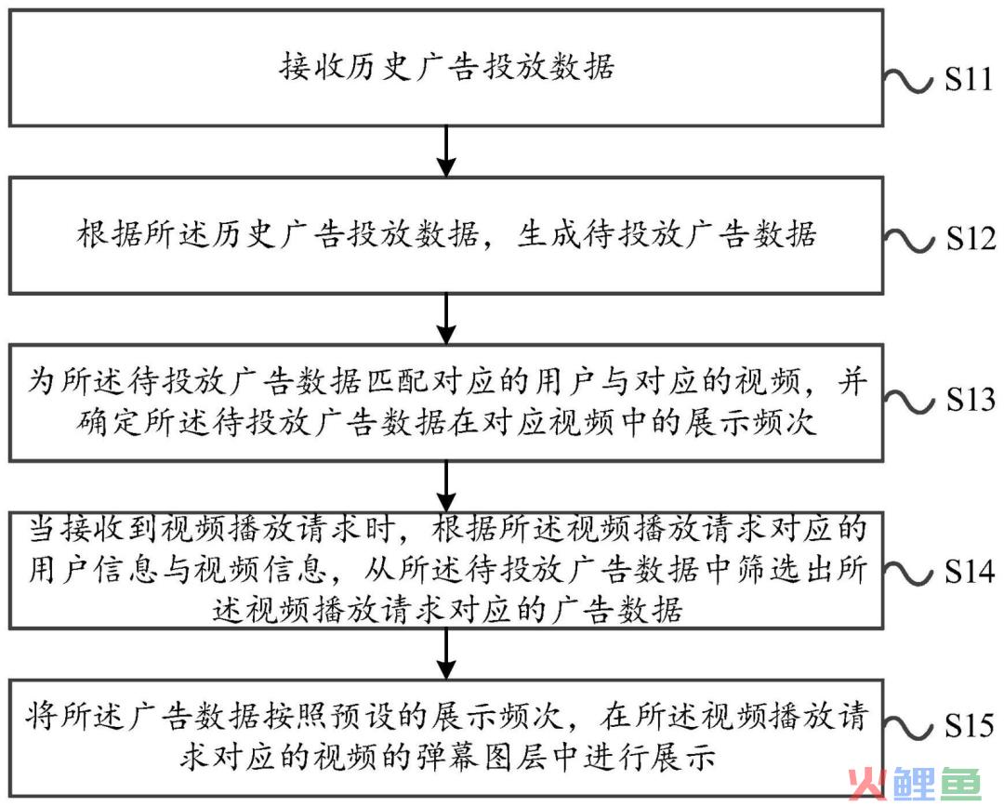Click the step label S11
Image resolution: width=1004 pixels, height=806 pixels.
coord(969,79)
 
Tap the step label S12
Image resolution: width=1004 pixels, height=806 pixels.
coord(971,239)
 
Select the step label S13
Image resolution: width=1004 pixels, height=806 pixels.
coord(971,400)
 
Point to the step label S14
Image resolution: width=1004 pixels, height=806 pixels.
coord(970,571)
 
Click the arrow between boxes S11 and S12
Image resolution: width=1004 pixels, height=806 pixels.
coord(445,152)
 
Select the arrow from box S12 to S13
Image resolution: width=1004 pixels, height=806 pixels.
coord(445,320)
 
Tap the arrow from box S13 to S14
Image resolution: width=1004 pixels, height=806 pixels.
coord(445,487)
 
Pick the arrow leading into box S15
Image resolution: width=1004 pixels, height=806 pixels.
coord(445,654)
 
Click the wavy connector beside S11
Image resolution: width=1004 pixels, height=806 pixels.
coord(908,81)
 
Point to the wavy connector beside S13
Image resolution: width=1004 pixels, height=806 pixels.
coord(908,401)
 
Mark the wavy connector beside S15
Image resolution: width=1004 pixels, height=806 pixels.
coord(908,727)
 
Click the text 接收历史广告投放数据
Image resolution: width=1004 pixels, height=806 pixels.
coord(446,67)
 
